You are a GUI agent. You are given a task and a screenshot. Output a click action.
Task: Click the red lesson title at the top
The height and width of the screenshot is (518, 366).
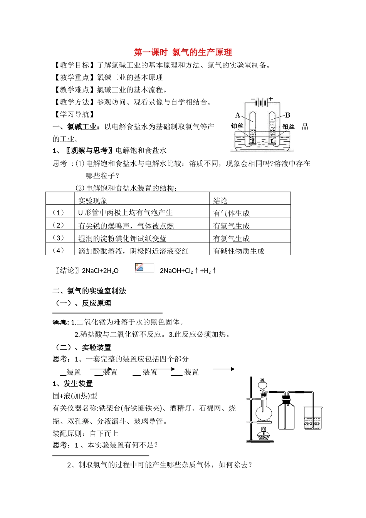coord(183,52)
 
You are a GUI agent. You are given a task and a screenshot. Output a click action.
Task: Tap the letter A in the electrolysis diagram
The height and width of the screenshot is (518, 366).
coord(238,115)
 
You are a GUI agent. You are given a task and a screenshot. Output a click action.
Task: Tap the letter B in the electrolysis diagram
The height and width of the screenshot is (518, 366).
coord(287,115)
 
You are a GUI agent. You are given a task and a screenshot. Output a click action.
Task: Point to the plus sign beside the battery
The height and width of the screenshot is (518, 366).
coord(271,99)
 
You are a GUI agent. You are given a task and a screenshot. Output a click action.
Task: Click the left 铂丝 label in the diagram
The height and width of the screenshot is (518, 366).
coord(237,126)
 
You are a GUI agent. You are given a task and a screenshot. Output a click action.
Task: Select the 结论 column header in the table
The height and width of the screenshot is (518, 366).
coord(220,200)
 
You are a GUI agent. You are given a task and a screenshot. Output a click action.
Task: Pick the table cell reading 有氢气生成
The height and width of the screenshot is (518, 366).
coord(232,226)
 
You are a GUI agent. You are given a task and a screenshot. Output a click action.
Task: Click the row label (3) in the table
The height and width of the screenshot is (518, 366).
coord(58,238)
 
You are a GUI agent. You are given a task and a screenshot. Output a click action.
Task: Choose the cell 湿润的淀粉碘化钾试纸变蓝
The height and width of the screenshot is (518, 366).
coord(122,239)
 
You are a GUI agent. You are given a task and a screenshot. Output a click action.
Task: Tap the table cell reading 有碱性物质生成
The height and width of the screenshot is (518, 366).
coord(239,251)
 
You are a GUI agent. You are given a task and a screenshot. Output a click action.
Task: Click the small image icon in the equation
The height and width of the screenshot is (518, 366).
coord(139,267)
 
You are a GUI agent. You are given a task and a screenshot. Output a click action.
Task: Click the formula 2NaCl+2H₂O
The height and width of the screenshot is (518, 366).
coord(100,271)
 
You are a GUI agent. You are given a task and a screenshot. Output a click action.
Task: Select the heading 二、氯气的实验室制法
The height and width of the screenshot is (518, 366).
coord(89,291)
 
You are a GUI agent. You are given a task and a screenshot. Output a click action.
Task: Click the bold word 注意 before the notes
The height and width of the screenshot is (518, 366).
coord(60,322)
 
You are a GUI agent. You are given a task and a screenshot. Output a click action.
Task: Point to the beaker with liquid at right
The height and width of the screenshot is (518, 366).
coord(312,418)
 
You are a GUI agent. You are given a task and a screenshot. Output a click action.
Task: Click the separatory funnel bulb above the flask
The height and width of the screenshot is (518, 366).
coord(263,384)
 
